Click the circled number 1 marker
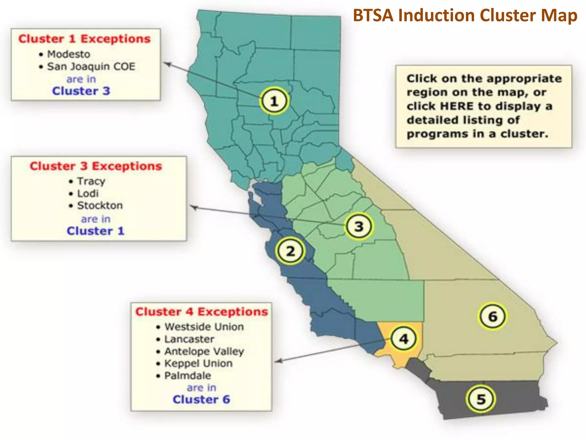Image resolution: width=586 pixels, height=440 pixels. tap(274, 101)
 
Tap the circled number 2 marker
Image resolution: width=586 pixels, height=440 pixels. tap(290, 251)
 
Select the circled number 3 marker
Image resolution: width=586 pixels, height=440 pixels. tap(359, 226)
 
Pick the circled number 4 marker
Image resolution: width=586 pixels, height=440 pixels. tap(403, 339)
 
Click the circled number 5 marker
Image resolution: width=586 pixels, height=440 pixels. tap(481, 399)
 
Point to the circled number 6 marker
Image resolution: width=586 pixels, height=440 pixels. tap(492, 316)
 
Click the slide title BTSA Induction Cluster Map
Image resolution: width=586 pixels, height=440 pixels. tap(465, 15)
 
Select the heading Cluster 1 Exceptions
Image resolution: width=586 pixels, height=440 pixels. tap(84, 39)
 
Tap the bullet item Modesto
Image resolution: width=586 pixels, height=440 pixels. tap(69, 54)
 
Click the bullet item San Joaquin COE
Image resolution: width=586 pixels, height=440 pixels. tap(91, 66)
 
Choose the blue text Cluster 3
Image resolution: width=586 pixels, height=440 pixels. tap(81, 91)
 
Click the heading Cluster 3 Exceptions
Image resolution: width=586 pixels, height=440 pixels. tap(96, 166)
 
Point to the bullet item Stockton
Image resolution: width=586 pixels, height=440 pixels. tap(100, 205)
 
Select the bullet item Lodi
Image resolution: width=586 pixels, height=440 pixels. tap(88, 193)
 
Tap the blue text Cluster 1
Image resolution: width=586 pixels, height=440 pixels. tap(96, 231)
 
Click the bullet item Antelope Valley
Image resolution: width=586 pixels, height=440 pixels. tap(204, 351)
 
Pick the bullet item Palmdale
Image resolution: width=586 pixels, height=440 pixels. tap(188, 376)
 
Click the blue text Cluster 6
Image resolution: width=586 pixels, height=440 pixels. tap(201, 399)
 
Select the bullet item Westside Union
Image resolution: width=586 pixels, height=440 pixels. tap(204, 327)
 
